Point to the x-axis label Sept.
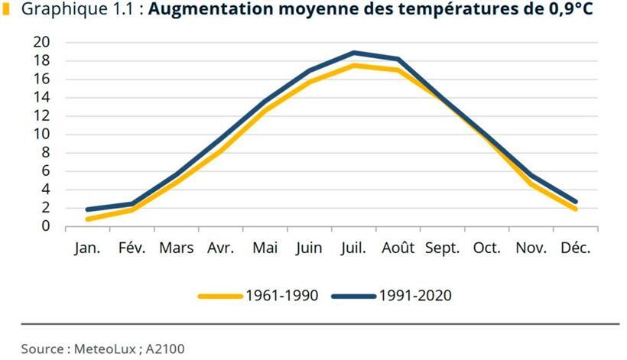[442, 248]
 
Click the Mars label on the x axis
[176, 248]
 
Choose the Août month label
[398, 248]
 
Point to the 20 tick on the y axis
[41, 42]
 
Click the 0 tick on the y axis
[46, 226]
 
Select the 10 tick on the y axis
[41, 135]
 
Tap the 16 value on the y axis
[41, 79]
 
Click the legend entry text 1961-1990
[278, 296]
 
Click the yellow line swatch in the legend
[220, 296]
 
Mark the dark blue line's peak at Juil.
[353, 53]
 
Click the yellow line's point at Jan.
[87, 219]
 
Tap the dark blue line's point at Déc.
[575, 202]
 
